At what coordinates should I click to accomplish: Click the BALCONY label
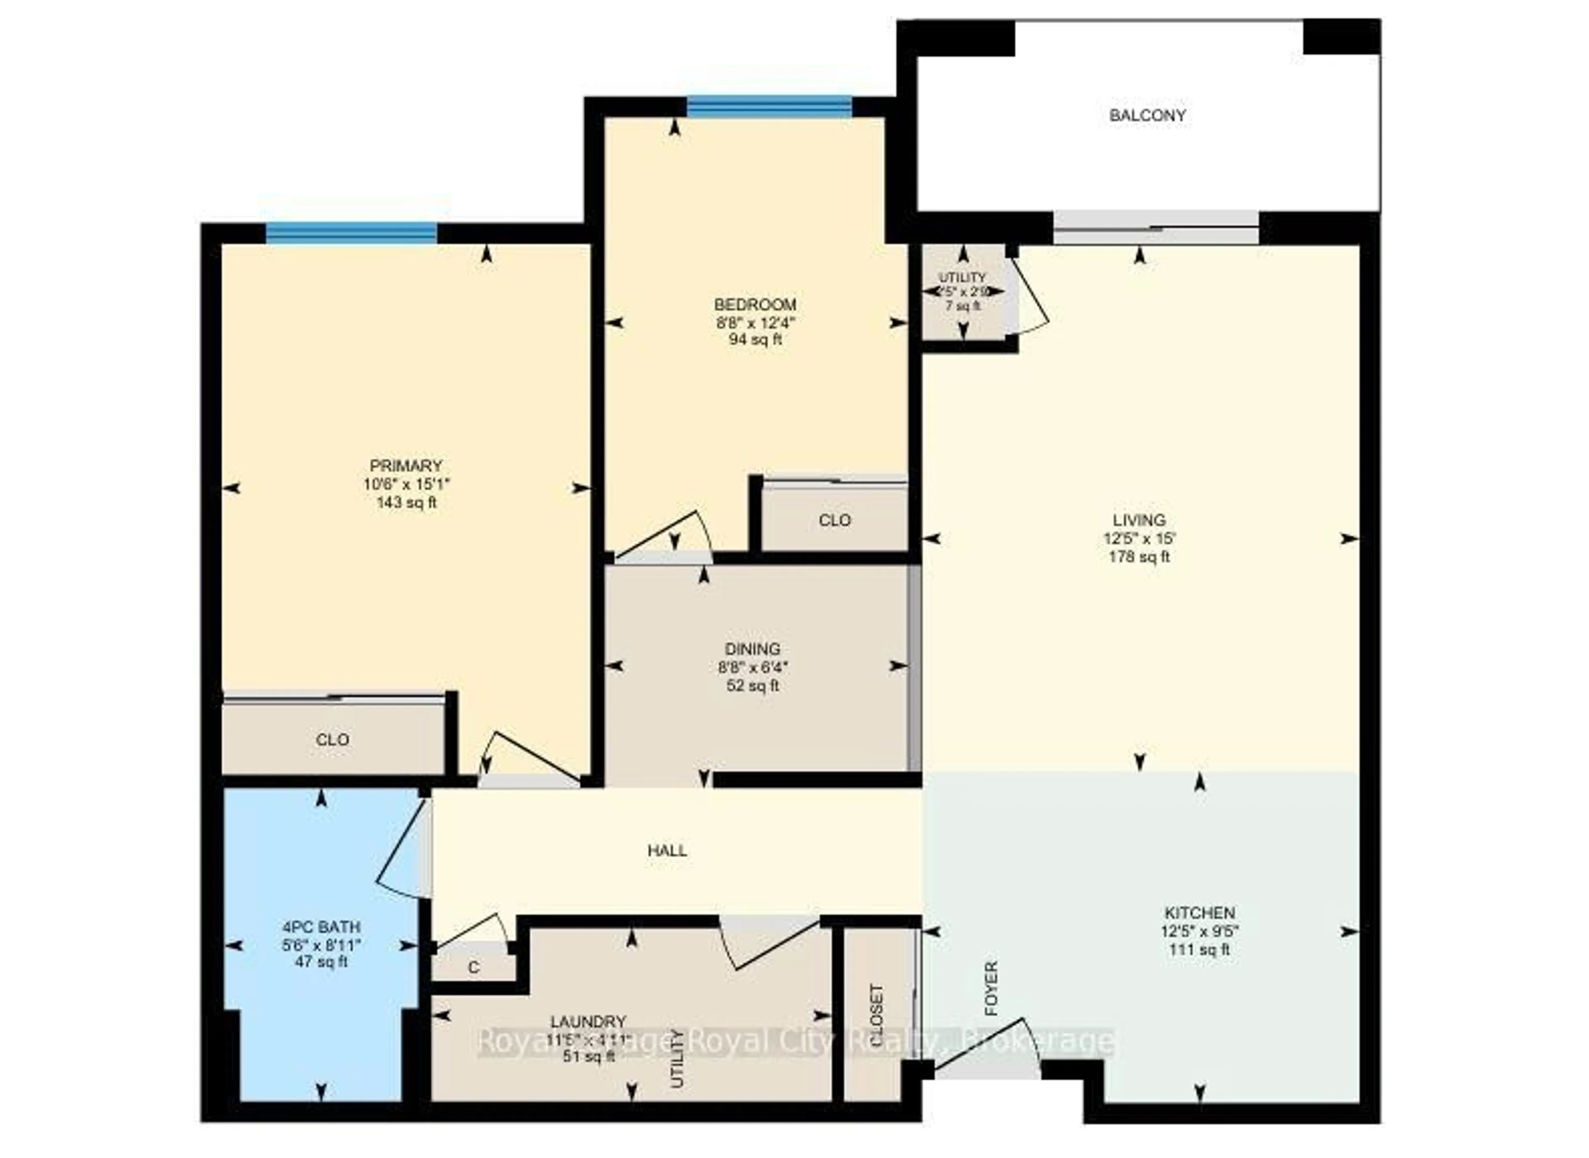point(1147,115)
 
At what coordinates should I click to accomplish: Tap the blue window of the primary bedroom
point(351,233)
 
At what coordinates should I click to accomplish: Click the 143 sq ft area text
point(406,502)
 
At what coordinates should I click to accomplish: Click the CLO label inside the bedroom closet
point(834,520)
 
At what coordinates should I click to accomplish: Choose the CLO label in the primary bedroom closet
point(332,740)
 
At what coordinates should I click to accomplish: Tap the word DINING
point(753,649)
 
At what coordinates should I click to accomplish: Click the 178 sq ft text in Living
point(1139,557)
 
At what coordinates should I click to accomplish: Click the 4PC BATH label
point(321,927)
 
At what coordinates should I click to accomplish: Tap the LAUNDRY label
point(587,1021)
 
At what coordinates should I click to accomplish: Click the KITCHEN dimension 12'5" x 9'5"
point(1199,932)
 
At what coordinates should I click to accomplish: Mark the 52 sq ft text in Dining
point(753,685)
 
